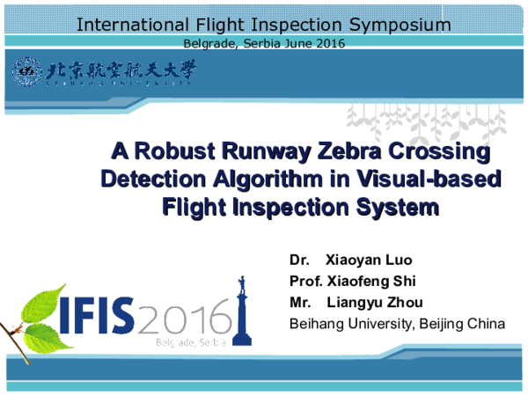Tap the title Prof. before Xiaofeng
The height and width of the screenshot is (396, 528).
tap(305, 281)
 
